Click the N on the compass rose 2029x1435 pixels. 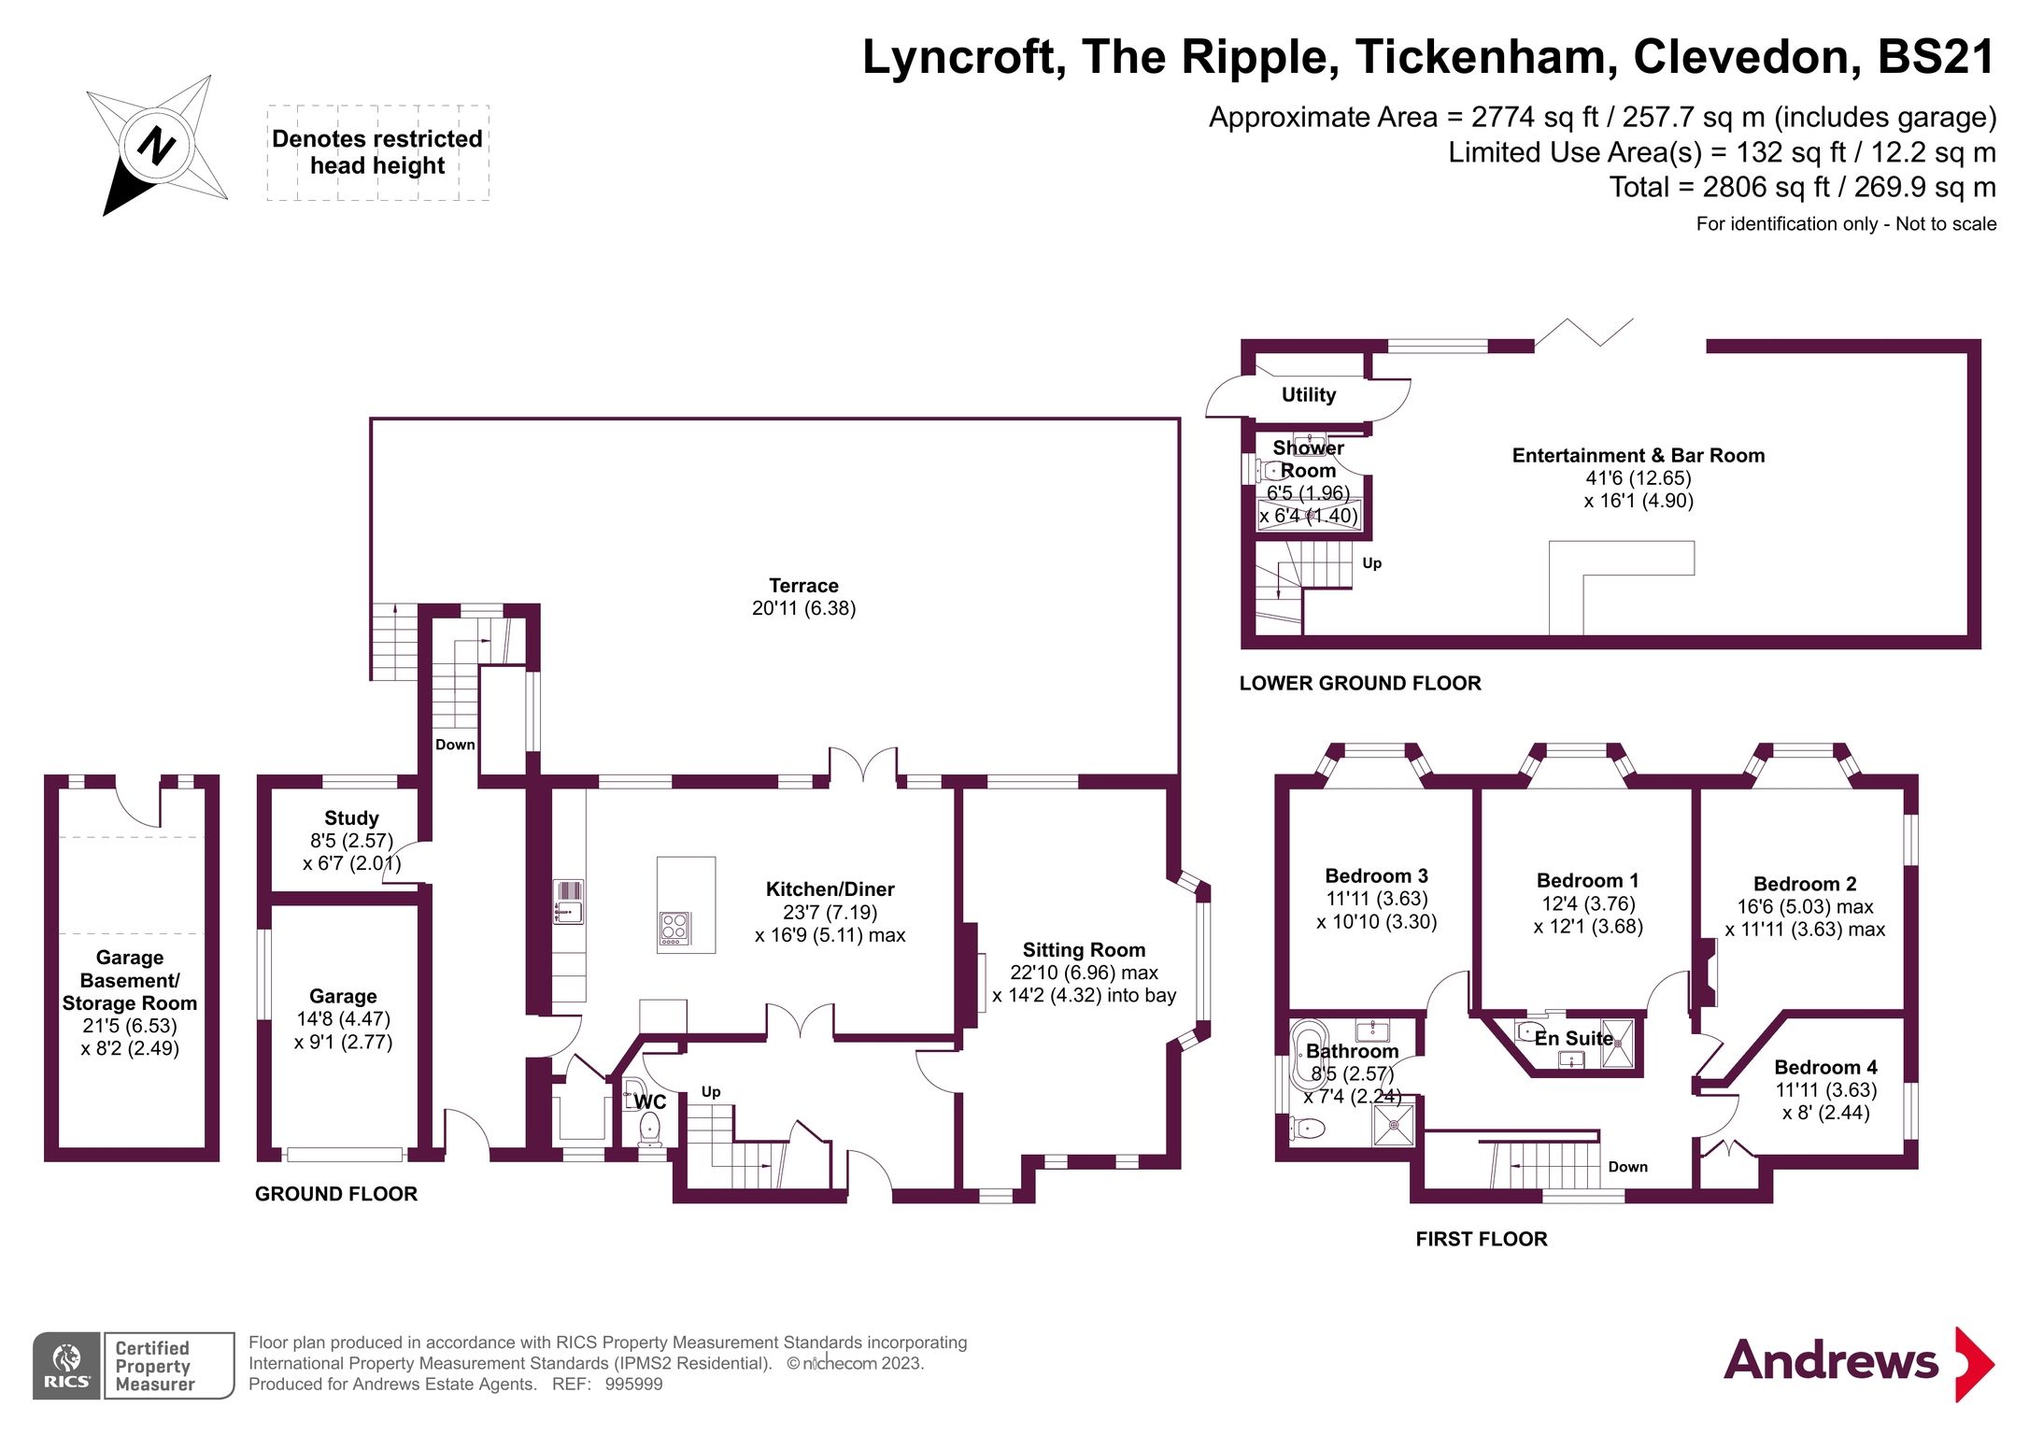tap(156, 146)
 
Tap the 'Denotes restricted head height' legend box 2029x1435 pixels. tap(377, 152)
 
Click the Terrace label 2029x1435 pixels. tap(803, 586)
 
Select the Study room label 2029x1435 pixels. tap(351, 818)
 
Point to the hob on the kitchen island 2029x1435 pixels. tap(674, 928)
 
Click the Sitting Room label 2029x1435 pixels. tap(1084, 950)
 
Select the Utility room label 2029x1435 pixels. tap(1308, 395)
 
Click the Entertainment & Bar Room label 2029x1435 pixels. tap(1639, 456)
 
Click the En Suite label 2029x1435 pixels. tap(1573, 1039)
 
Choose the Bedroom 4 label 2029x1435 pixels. tap(1825, 1067)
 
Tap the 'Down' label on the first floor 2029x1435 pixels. tap(1627, 1167)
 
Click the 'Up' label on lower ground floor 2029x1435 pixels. tap(1371, 563)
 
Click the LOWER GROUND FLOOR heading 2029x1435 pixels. tap(1360, 683)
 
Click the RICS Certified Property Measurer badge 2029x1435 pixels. tap(134, 1365)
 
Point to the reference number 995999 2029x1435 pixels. tap(633, 1385)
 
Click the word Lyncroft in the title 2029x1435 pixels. tap(963, 58)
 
